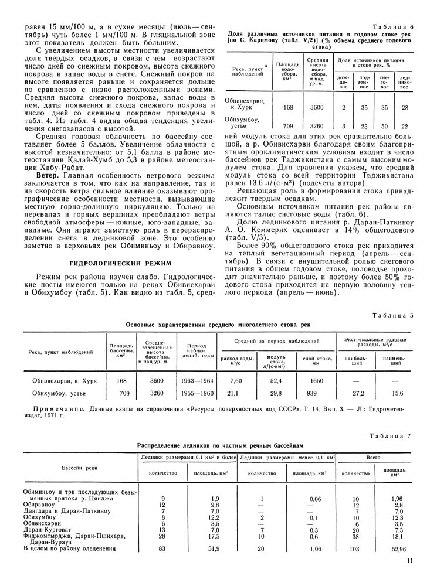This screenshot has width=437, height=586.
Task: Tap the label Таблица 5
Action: coord(394,315)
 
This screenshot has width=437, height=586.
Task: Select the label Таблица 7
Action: coord(394,435)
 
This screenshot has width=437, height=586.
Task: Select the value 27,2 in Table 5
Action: coord(358,394)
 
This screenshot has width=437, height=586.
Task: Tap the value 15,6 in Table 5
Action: coord(398,394)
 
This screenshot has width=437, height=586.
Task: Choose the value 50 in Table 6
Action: coord(384,126)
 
